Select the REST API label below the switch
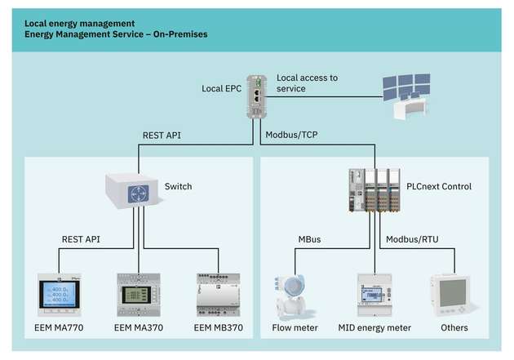click(82, 240)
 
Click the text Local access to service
click(307, 82)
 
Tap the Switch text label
click(178, 186)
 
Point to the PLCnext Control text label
click(438, 186)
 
